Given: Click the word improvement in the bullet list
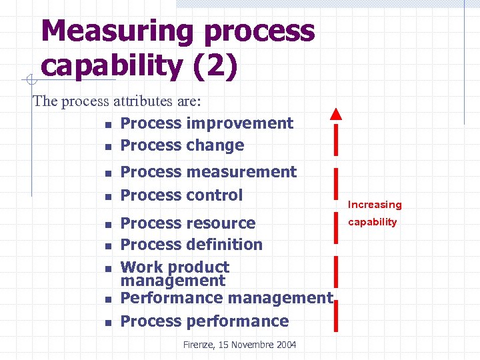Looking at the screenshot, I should click(240, 123).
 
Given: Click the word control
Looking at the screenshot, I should click(215, 195).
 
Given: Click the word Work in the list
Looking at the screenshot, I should click(141, 267).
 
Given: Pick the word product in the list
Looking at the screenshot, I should click(198, 267).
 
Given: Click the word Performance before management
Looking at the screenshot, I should click(172, 298).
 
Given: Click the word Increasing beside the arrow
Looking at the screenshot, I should click(375, 205).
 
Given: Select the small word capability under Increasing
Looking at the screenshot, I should click(372, 222).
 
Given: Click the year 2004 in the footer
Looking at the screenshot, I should click(285, 344).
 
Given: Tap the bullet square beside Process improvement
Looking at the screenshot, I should click(108, 125).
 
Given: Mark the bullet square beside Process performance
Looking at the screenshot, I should click(108, 323).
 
